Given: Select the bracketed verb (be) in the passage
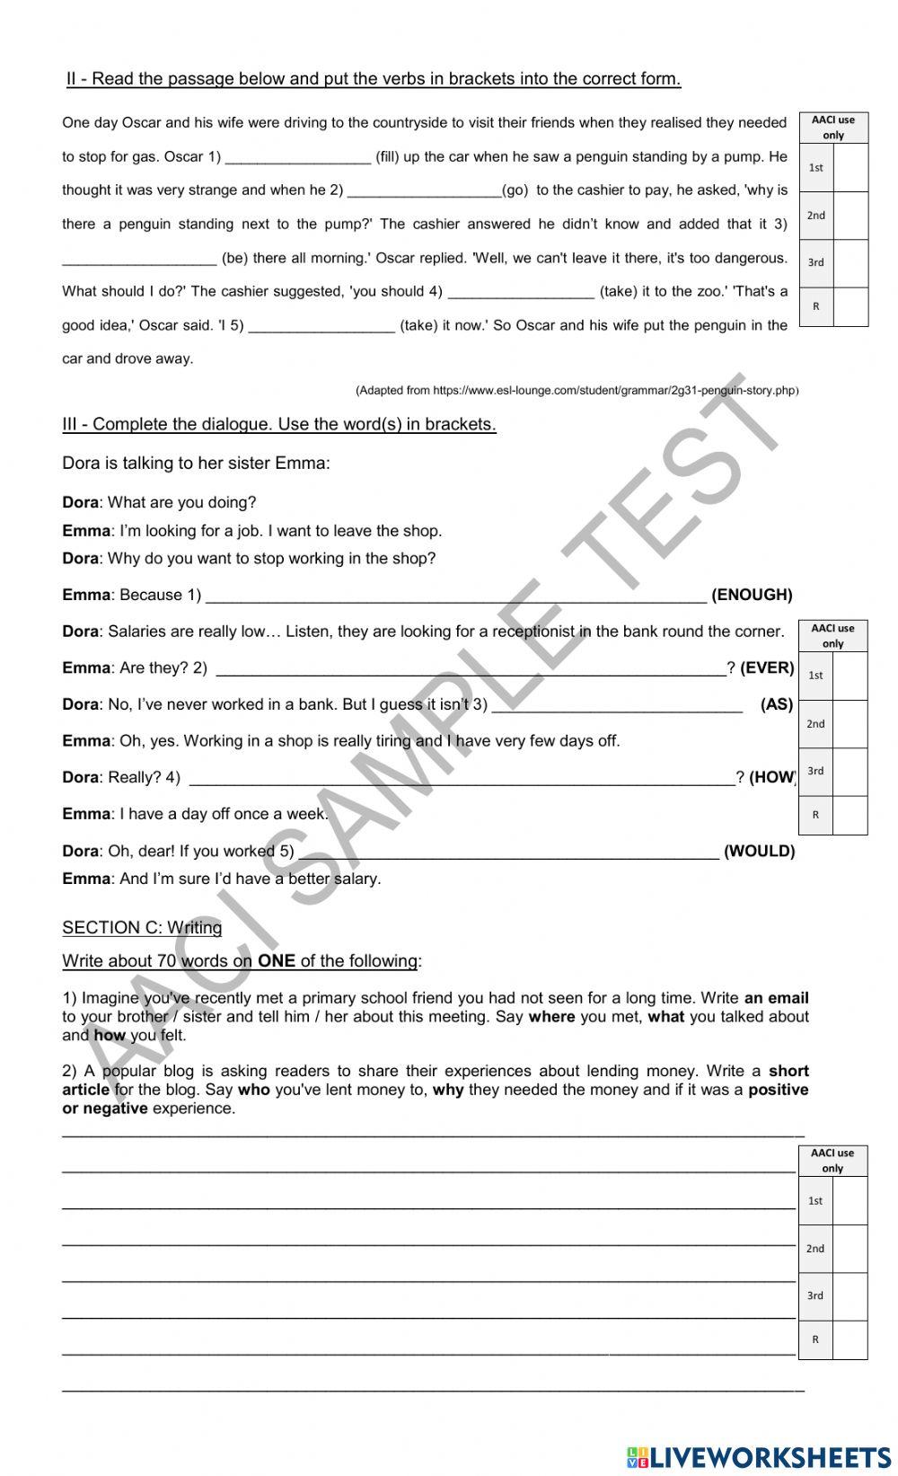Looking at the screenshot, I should tap(234, 259).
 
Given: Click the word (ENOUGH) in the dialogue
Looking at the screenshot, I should tap(752, 595).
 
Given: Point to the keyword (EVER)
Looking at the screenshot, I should tap(767, 667).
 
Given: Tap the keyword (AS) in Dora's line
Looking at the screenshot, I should tap(776, 704).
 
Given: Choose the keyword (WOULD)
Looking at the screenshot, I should tap(759, 851).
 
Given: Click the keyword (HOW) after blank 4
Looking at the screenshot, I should tap(771, 777).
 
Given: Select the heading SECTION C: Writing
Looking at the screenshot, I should tap(142, 927).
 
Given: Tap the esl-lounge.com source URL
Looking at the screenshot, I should tap(577, 390).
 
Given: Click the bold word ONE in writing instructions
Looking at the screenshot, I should tap(277, 960).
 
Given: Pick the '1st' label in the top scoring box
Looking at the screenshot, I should tap(815, 167).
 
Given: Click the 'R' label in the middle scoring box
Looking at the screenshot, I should tap(815, 815).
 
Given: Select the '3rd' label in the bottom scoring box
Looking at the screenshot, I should tap(814, 1295).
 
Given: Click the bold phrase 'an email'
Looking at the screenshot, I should tap(776, 997).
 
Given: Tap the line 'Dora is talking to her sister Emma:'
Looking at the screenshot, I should tap(196, 464).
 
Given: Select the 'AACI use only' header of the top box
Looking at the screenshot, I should tap(832, 128).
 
